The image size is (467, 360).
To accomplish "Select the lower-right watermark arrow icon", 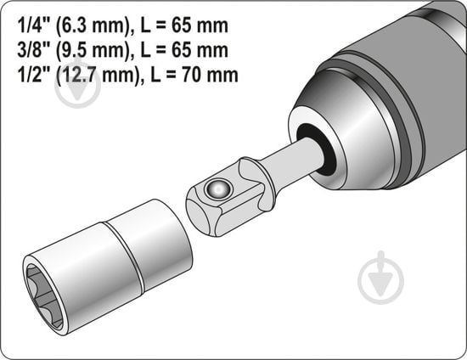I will coord(381,276).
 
